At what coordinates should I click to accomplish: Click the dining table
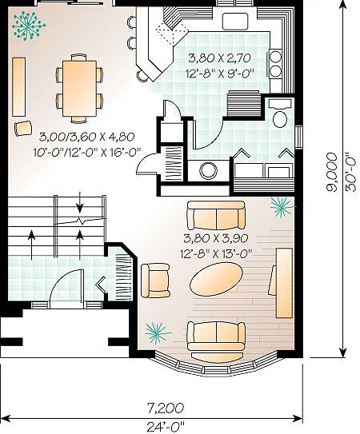click(79, 88)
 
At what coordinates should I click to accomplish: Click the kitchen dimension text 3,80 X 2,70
click(220, 58)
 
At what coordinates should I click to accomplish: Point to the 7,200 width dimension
click(165, 408)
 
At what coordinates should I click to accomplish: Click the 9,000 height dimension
click(332, 173)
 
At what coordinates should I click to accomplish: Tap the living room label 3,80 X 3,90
click(216, 238)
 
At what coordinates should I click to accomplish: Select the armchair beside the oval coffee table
click(155, 280)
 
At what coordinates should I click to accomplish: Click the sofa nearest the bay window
click(216, 336)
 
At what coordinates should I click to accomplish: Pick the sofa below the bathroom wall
click(216, 216)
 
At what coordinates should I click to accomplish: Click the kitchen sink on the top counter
click(235, 21)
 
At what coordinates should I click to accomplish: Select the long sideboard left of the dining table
click(19, 87)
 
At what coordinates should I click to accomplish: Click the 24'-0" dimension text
click(166, 427)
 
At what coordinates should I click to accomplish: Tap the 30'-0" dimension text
click(350, 172)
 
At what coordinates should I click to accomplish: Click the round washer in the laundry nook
click(209, 170)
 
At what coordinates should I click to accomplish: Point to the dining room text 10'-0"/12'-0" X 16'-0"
click(87, 152)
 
